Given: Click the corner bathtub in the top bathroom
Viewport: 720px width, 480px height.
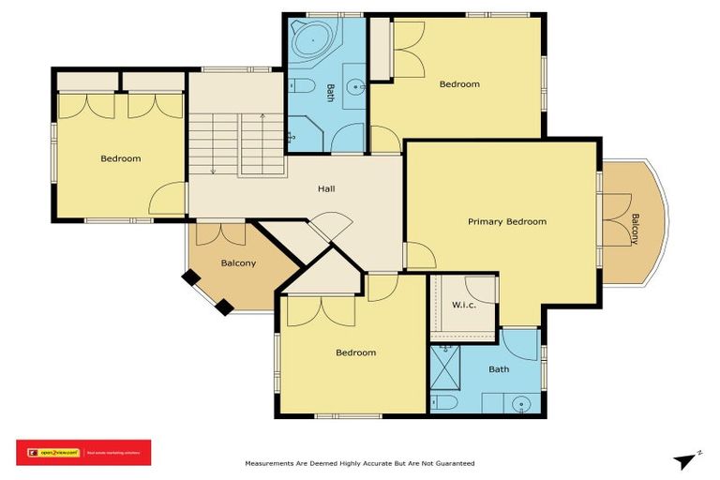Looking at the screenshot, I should pyautogui.click(x=309, y=42).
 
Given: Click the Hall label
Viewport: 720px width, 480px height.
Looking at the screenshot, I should pyautogui.click(x=326, y=189).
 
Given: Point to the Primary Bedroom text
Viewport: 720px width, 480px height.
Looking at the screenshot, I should pyautogui.click(x=507, y=222).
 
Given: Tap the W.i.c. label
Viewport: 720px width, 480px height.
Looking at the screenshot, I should pyautogui.click(x=465, y=305).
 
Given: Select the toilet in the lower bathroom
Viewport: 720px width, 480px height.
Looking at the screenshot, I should pyautogui.click(x=445, y=402).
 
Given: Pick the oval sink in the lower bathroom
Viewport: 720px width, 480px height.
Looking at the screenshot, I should pyautogui.click(x=523, y=404).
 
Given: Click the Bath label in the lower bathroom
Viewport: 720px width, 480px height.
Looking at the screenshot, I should pyautogui.click(x=499, y=369).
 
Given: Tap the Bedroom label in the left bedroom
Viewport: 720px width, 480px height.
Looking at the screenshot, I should pyautogui.click(x=121, y=159).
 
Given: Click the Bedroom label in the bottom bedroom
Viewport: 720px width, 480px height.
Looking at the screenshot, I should pyautogui.click(x=356, y=353).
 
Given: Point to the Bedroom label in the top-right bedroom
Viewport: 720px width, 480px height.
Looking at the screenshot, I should pyautogui.click(x=459, y=84).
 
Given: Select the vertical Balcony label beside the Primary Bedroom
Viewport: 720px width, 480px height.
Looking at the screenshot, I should pyautogui.click(x=635, y=229).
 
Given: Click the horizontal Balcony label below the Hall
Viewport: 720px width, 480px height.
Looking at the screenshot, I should pyautogui.click(x=238, y=263).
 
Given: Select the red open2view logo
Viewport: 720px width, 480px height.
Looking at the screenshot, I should pyautogui.click(x=83, y=453).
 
